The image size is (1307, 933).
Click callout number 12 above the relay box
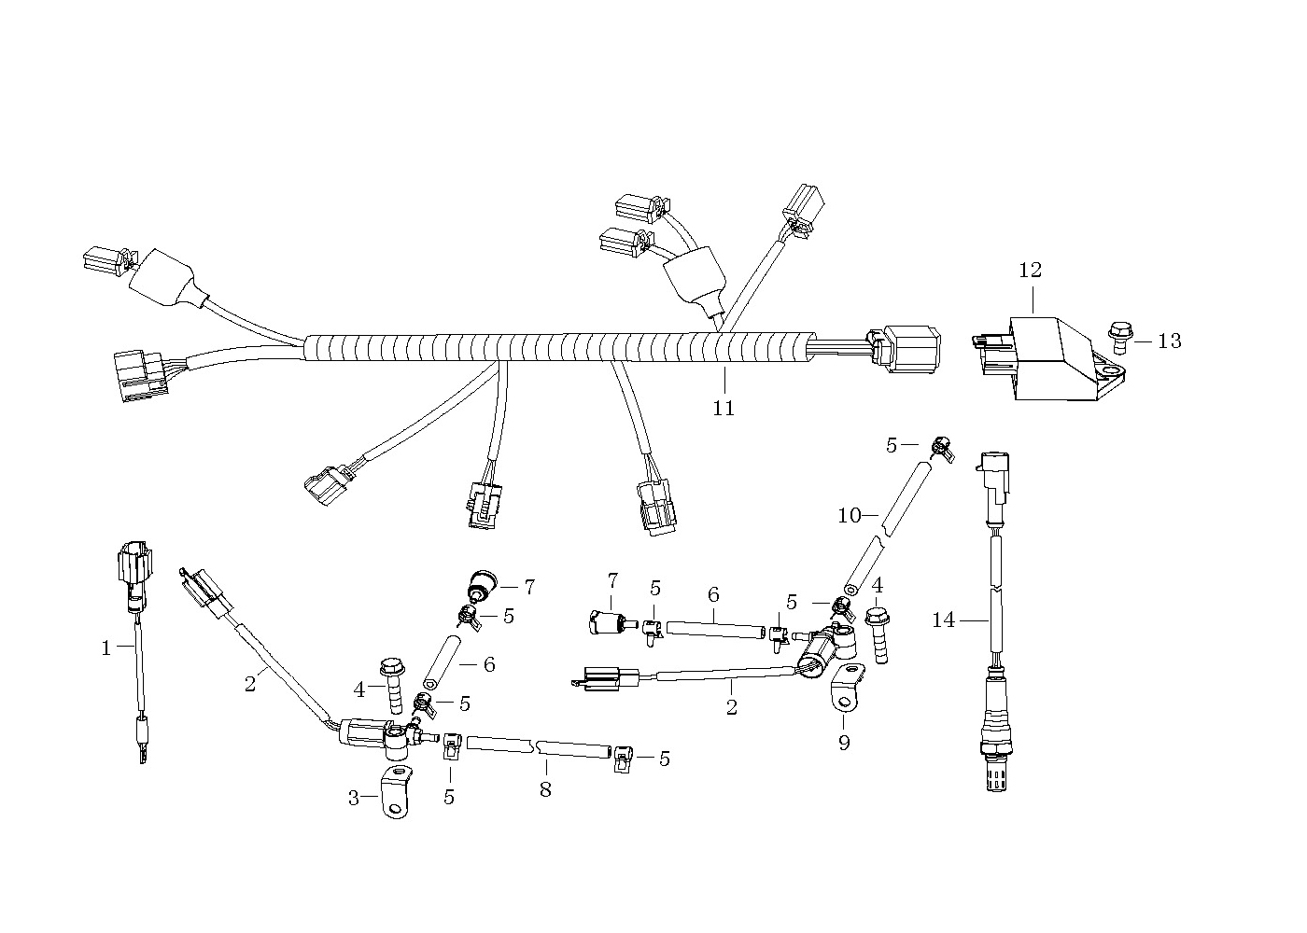tap(1030, 270)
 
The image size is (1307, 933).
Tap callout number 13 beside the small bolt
tap(1169, 341)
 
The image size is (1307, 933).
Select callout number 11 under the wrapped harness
tap(724, 409)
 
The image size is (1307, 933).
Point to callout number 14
tap(944, 620)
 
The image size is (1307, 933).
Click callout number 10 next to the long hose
tap(849, 515)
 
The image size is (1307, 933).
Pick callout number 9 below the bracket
tap(844, 743)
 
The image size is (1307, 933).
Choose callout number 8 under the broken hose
tap(545, 789)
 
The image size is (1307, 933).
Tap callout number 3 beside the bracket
tap(354, 798)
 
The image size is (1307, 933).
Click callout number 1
tap(106, 648)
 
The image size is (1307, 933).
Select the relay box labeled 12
tap(1048, 358)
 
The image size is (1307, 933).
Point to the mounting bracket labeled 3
tap(396, 793)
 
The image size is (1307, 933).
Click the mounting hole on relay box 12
tap(1107, 369)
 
